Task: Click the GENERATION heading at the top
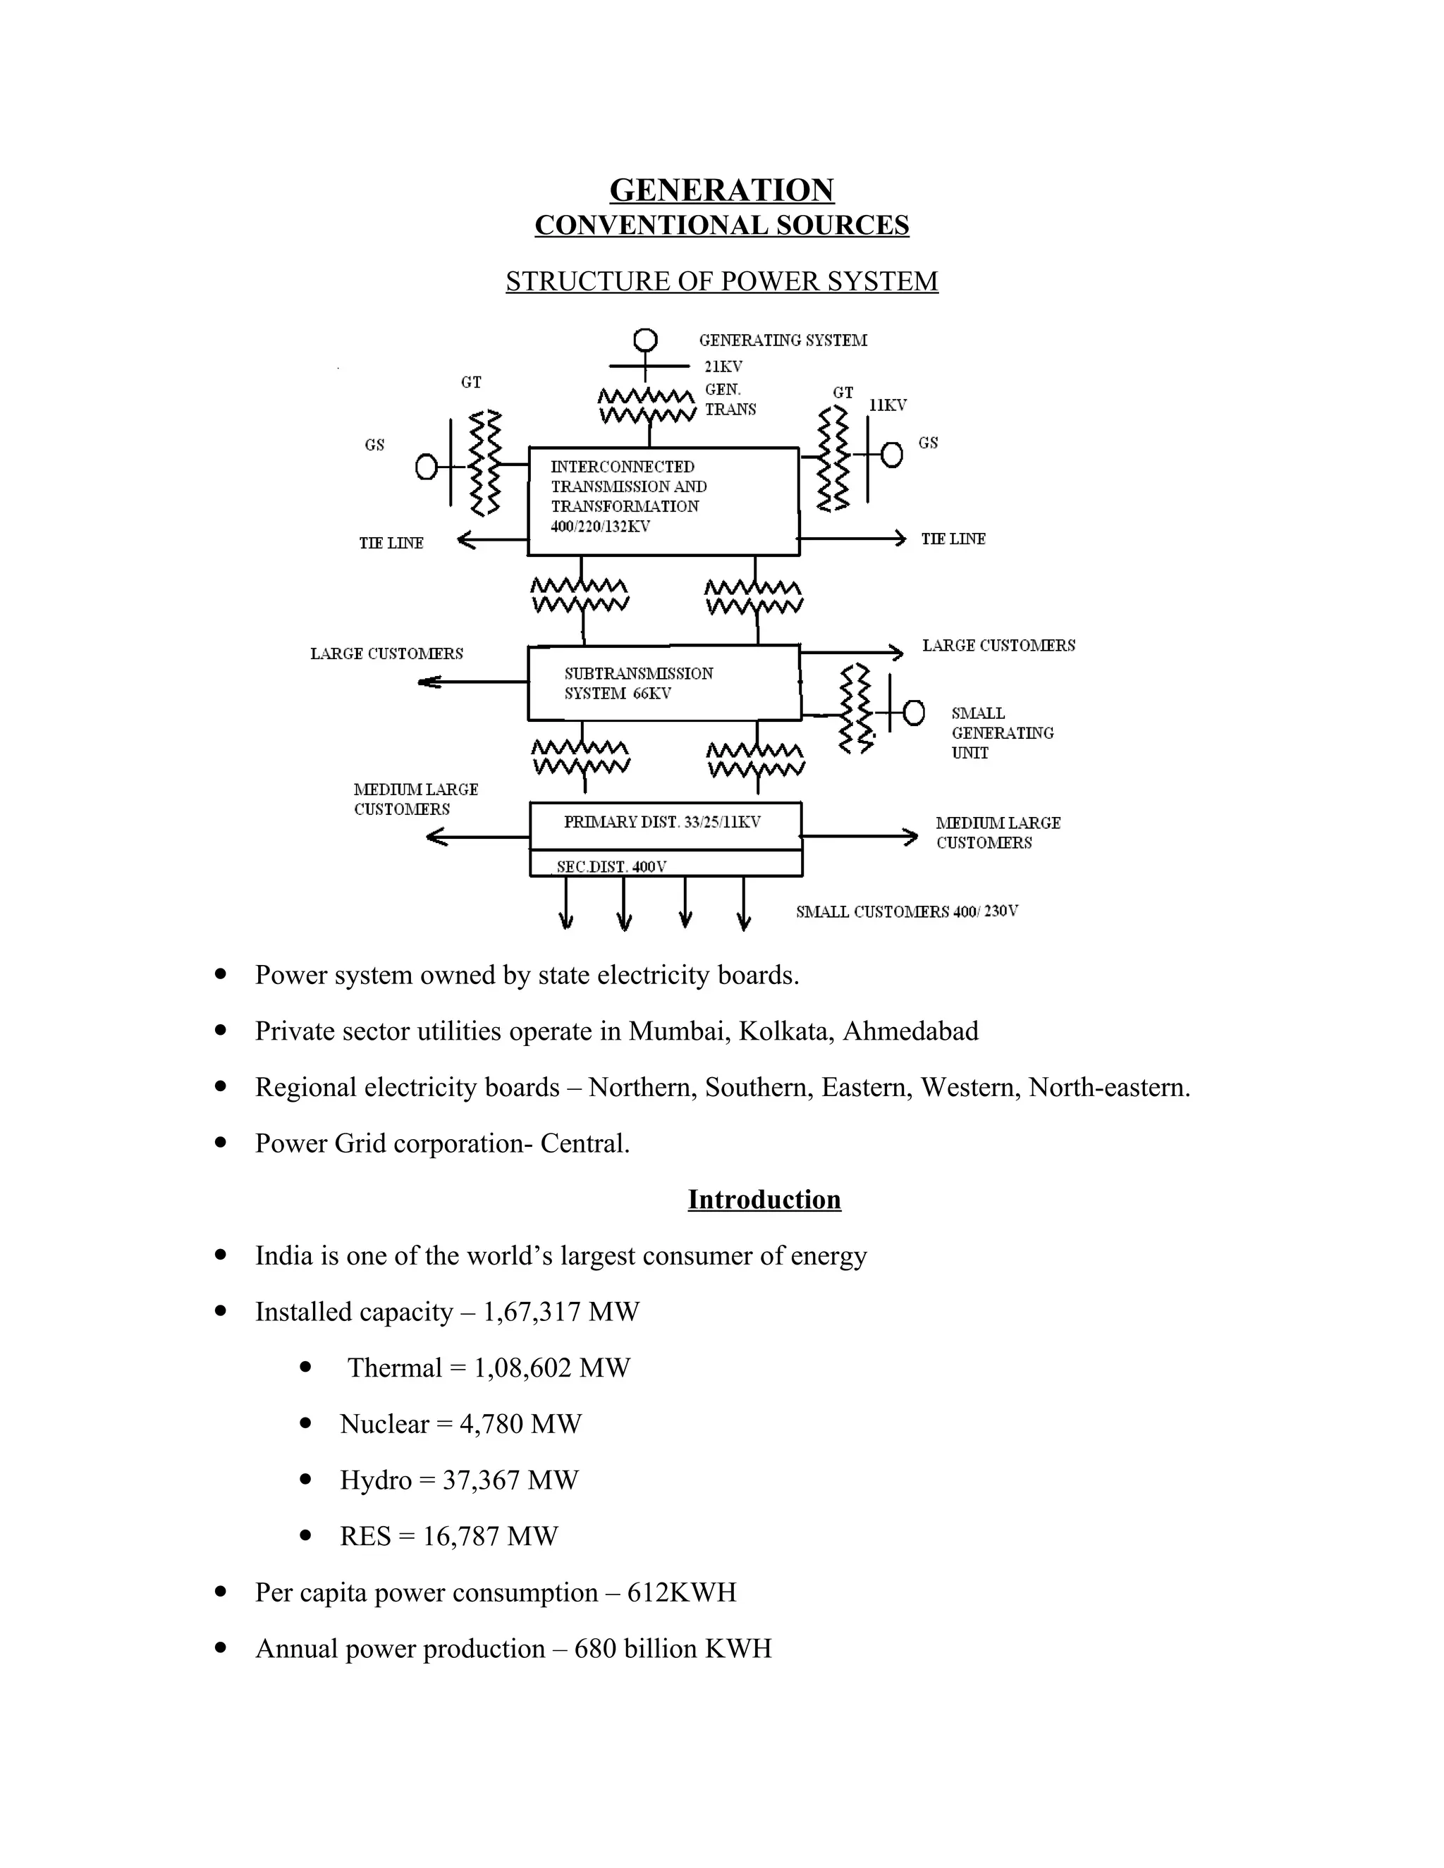coord(721,190)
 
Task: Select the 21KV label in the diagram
coord(723,366)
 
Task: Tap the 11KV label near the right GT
coord(887,405)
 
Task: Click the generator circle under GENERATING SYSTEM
coord(645,340)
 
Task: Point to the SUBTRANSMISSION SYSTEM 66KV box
coord(663,682)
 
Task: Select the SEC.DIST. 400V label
coord(611,866)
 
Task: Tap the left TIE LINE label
coord(391,543)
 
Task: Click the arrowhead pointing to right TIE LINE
coord(899,539)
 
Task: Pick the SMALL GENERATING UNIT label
coord(1002,733)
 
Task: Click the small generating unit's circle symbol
coord(914,712)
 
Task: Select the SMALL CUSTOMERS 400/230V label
coord(907,911)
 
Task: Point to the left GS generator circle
coord(426,467)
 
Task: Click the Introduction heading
coord(764,1199)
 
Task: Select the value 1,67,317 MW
coord(561,1311)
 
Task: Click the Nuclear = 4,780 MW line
coord(460,1423)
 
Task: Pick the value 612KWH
coord(682,1592)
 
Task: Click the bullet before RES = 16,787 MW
coord(305,1535)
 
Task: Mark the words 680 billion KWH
coord(673,1648)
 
